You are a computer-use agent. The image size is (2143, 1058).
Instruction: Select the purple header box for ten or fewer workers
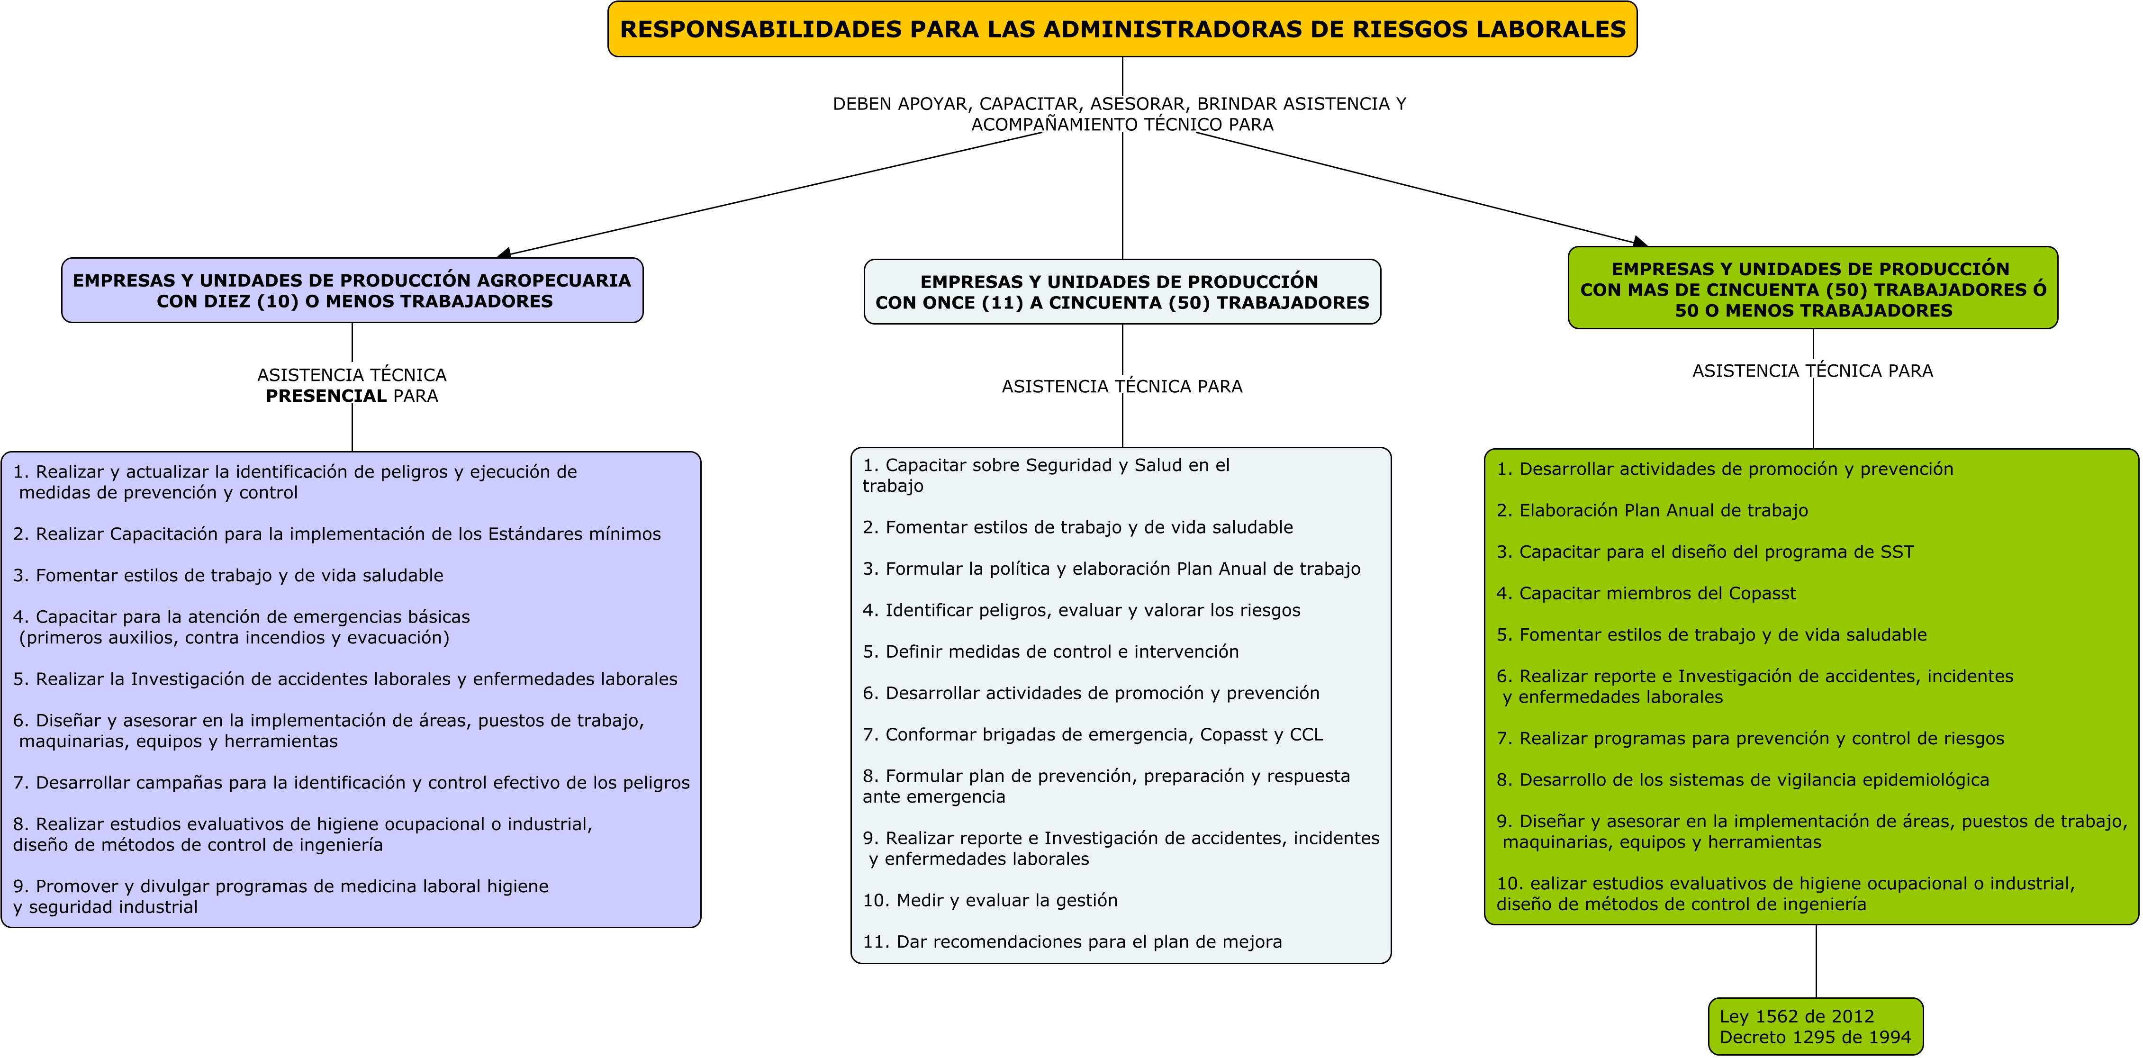352,290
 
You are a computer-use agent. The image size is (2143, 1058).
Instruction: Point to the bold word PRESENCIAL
326,396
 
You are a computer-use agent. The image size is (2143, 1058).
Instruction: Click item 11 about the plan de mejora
1072,941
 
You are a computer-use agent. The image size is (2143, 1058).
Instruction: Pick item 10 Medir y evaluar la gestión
990,900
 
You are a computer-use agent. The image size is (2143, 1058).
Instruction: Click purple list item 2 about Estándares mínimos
337,534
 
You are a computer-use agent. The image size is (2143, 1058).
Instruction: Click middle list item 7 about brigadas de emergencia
1092,734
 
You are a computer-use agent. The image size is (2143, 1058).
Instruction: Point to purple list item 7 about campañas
351,783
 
